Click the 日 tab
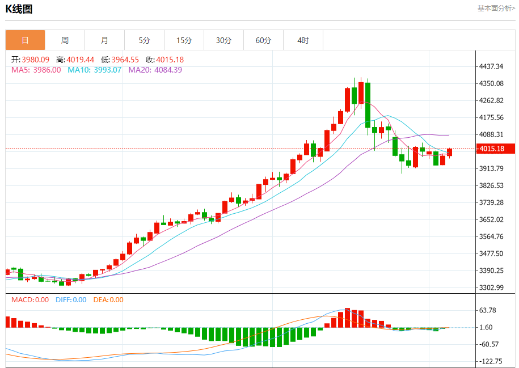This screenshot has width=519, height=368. pos(25,40)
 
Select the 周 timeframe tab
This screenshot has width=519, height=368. pos(65,40)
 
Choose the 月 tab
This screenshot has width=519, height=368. pos(104,40)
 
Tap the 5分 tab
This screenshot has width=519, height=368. pos(144,40)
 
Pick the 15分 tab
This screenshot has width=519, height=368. pos(184,40)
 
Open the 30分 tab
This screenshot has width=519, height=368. pos(223,40)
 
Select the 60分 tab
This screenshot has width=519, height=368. pos(263,40)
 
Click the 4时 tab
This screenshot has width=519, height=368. pos(303,40)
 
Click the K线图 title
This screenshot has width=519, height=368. pos(20,9)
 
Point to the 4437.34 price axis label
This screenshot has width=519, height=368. pos(491,66)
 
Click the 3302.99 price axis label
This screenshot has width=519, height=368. pos(491,287)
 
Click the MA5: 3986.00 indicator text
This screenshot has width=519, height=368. pos(36,70)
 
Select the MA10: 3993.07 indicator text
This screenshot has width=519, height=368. pos(95,70)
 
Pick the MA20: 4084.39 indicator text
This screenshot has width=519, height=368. pos(155,70)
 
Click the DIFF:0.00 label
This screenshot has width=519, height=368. pos(71,300)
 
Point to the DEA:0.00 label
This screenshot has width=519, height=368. pos(108,300)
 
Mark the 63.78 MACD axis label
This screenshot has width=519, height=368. pos(488,310)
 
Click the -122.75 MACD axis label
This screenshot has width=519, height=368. pos(490,361)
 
